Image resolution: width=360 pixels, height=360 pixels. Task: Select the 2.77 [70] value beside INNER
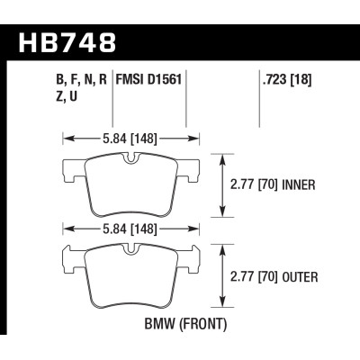251,184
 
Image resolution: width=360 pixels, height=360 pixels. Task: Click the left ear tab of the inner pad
72,168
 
